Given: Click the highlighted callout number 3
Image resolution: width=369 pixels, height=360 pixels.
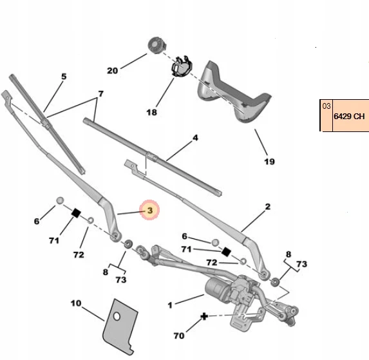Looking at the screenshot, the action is [x=150, y=211].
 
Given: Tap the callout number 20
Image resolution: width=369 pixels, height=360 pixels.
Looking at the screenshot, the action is [x=112, y=71].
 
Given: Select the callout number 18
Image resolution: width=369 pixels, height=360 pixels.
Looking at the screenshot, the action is [x=151, y=112].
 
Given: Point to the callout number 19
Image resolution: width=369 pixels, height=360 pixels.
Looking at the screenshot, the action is [x=269, y=162].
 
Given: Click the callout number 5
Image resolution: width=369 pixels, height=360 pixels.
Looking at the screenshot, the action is [x=64, y=77].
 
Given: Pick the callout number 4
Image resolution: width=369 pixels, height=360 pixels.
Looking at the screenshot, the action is [x=195, y=138].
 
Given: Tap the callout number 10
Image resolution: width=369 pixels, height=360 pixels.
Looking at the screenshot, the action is [x=76, y=303].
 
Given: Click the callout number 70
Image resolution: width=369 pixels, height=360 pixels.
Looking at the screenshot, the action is [x=179, y=336].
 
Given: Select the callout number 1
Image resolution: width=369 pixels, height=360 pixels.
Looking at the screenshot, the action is [x=170, y=305].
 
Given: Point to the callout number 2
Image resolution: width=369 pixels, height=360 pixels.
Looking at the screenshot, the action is [x=268, y=207].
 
